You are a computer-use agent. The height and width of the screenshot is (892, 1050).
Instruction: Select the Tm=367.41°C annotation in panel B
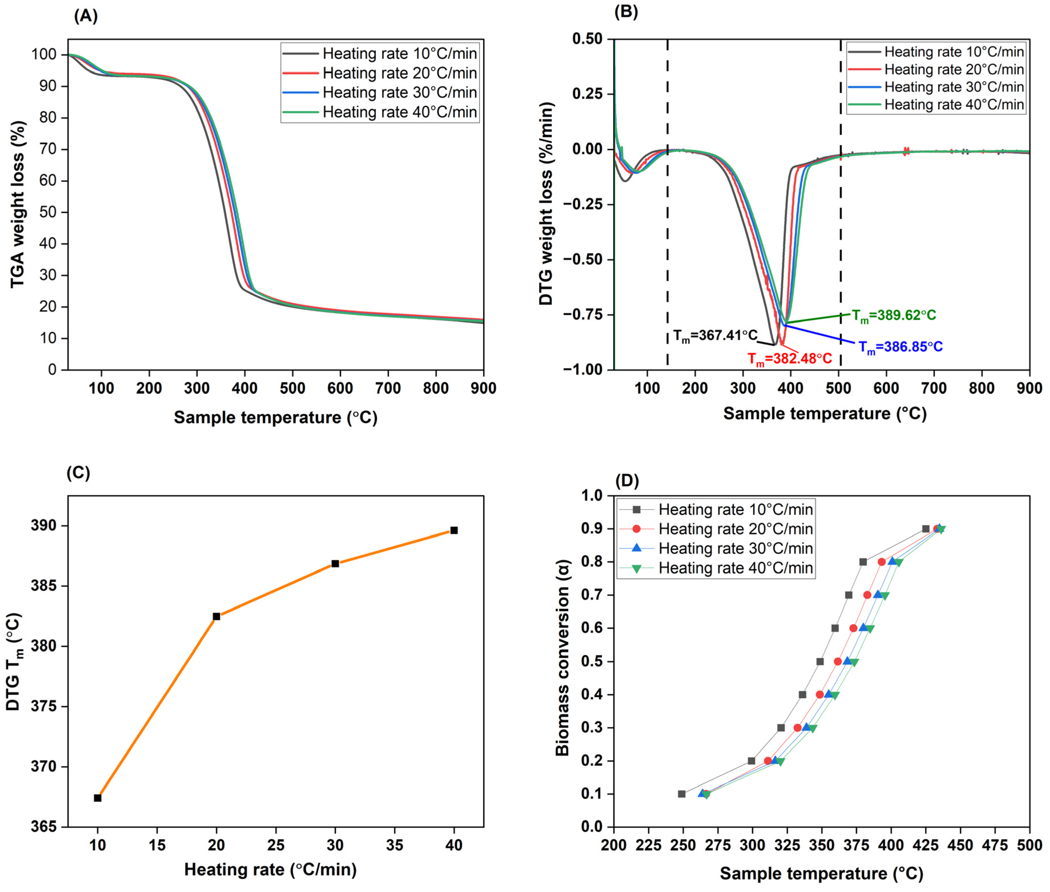click(x=715, y=336)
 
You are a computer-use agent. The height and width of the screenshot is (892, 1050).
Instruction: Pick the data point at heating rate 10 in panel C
click(x=98, y=798)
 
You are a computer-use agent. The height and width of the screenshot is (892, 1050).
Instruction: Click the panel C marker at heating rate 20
click(x=216, y=617)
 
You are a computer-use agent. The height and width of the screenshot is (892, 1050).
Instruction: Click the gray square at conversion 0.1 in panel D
click(x=682, y=794)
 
